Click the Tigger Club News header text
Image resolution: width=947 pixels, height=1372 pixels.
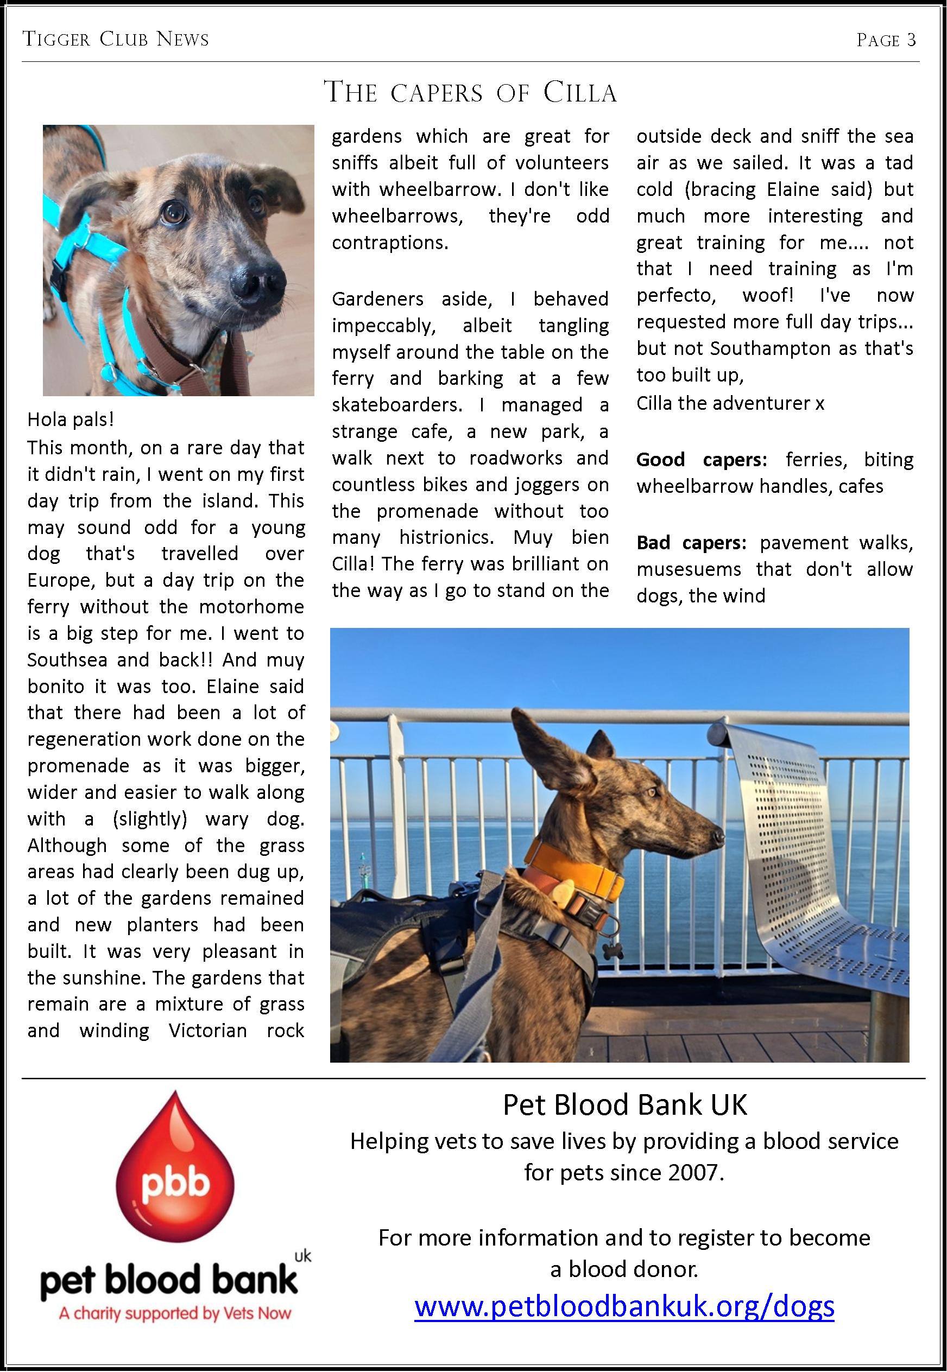pyautogui.click(x=116, y=40)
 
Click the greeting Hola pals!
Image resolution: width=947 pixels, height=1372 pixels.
pyautogui.click(x=71, y=420)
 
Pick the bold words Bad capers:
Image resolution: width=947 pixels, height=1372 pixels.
pyautogui.click(x=691, y=543)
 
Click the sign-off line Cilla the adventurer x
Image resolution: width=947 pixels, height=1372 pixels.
pyautogui.click(x=730, y=403)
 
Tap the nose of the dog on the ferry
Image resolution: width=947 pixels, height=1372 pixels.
pyautogui.click(x=718, y=836)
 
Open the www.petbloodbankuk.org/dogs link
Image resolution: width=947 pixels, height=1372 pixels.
pyautogui.click(x=624, y=1306)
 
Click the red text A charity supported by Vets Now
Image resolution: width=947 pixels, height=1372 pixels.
pyautogui.click(x=175, y=1313)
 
